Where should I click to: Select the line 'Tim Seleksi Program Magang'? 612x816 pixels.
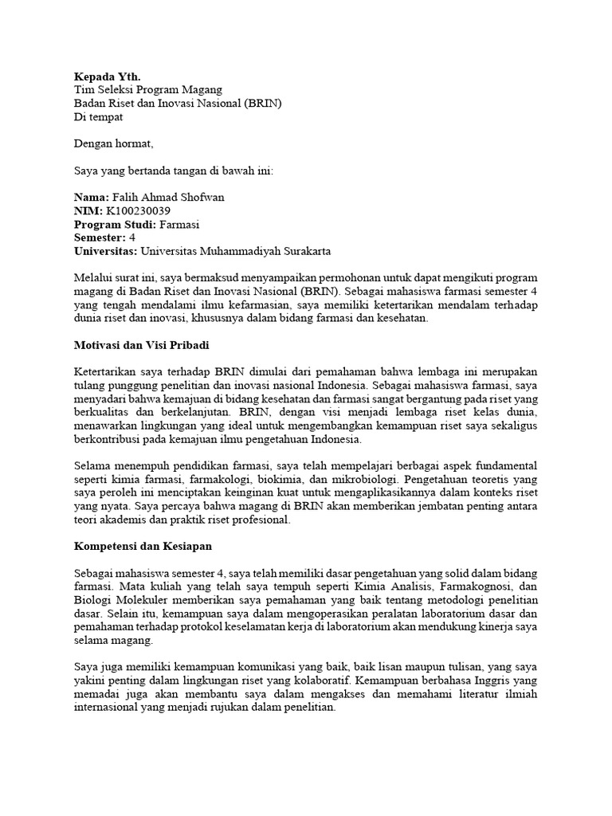(x=148, y=90)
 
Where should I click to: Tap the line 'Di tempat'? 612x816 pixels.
(x=99, y=117)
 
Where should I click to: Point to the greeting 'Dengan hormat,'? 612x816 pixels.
(x=112, y=144)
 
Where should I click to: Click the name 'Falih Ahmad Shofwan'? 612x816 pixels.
(x=171, y=197)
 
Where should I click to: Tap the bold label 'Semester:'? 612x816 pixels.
(x=100, y=237)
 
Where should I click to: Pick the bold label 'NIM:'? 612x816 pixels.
(x=88, y=210)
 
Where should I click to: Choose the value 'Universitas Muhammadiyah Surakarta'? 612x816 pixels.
(x=236, y=251)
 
